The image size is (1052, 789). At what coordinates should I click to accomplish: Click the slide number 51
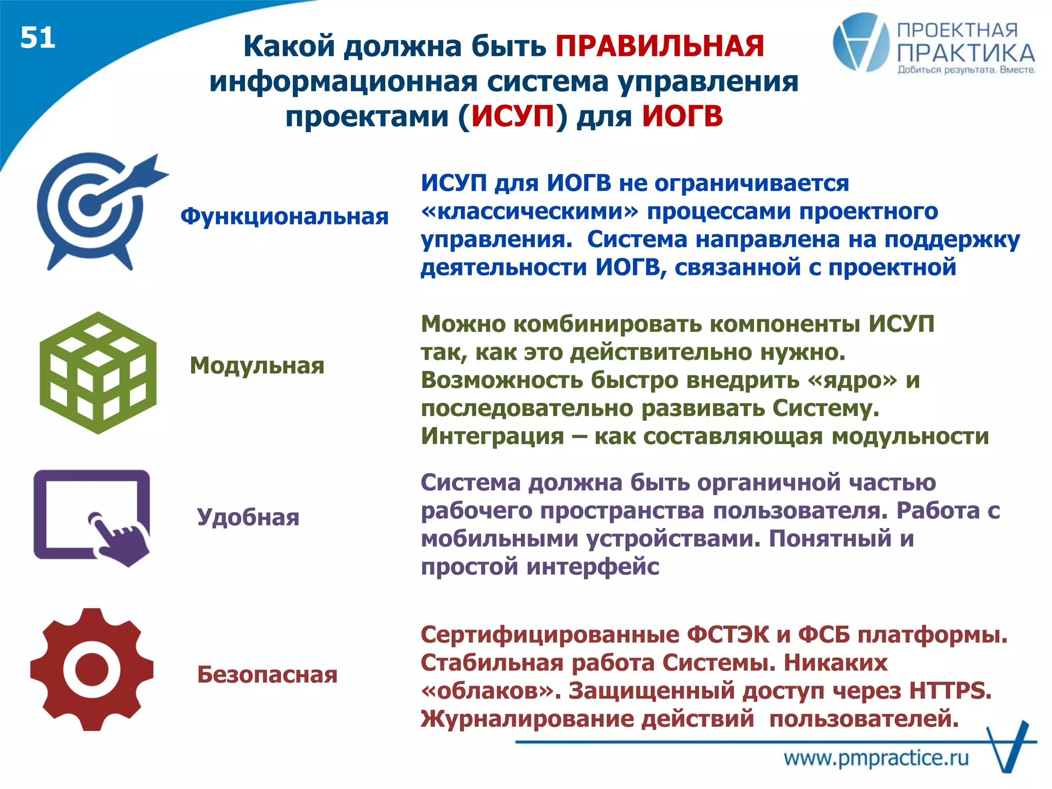point(37,38)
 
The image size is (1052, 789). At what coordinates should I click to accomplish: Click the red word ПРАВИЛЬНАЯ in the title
point(660,46)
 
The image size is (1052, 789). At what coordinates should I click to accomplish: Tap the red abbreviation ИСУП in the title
point(513,116)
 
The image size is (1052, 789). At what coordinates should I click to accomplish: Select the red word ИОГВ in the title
point(682,116)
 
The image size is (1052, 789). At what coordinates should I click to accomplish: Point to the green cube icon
point(98,373)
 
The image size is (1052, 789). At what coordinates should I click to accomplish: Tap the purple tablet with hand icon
point(92,517)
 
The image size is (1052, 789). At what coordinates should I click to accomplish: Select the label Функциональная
point(284,216)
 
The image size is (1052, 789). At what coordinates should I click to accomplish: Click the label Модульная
point(257,366)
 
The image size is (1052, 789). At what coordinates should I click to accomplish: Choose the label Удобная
point(248,517)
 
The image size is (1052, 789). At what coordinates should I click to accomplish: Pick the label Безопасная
point(267,674)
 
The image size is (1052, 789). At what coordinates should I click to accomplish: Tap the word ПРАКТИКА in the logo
point(966,53)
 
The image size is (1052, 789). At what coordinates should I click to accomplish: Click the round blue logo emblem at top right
point(860,42)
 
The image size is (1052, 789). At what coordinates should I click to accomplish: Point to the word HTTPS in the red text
point(949,691)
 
